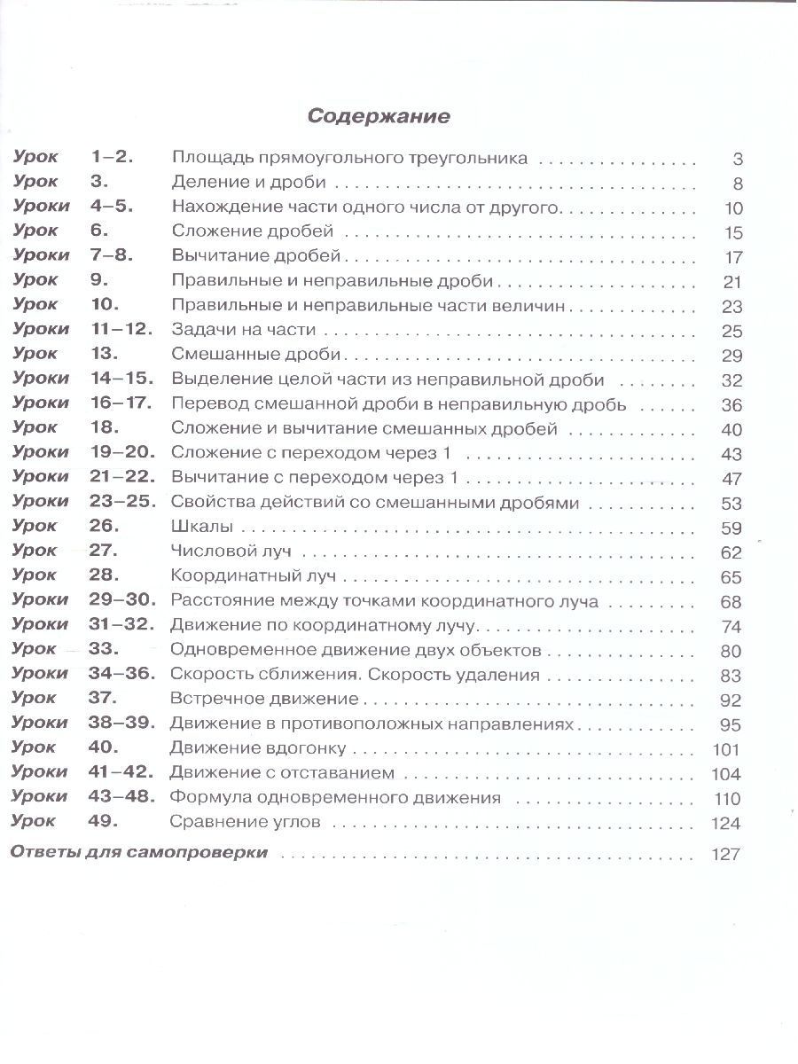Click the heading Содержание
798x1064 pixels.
[379, 116]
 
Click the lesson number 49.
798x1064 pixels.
[104, 821]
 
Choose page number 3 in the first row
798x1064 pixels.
[737, 160]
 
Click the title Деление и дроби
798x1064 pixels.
[249, 184]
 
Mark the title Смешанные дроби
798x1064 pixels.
[256, 355]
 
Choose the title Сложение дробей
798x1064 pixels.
[252, 232]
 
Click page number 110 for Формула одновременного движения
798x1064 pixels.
[726, 798]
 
